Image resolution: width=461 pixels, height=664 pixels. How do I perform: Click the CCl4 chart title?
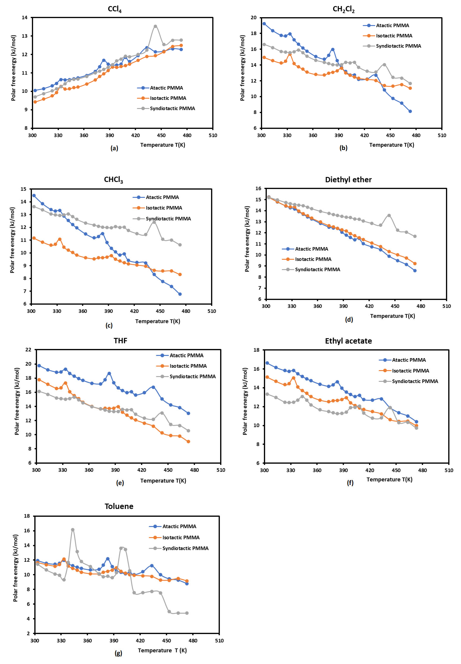tap(115, 9)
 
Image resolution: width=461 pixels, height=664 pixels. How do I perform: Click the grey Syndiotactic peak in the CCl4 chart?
tap(155, 26)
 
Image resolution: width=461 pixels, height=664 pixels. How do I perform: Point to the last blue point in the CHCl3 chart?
tap(180, 294)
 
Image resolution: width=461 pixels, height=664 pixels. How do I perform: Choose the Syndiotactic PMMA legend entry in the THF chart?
tap(192, 376)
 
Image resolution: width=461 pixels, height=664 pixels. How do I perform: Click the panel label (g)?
tap(118, 653)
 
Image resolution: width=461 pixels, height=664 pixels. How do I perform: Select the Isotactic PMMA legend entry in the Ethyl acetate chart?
tap(410, 371)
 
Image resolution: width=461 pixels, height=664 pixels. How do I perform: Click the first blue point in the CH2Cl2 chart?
tap(264, 24)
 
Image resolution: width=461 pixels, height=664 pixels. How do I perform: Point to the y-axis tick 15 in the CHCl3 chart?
tap(23, 189)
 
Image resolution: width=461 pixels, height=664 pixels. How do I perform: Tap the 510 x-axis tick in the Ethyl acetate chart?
tap(449, 470)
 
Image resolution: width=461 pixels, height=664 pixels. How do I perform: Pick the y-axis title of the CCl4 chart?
tap(13, 68)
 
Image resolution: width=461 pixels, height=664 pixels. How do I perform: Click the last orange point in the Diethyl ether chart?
tap(415, 264)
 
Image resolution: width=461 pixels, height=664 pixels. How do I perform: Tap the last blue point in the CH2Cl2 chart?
tap(410, 111)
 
